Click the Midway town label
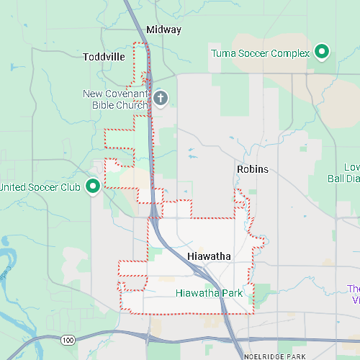[x=163, y=30]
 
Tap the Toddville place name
[x=104, y=56]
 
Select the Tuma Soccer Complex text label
[x=260, y=53]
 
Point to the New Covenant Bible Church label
[x=115, y=99]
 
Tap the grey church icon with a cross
[x=160, y=98]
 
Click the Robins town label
[x=252, y=169]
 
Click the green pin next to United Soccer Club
[x=93, y=186]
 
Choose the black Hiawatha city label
[x=208, y=256]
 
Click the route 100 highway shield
[x=68, y=339]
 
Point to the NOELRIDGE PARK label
[x=275, y=356]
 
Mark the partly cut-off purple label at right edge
[x=354, y=294]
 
